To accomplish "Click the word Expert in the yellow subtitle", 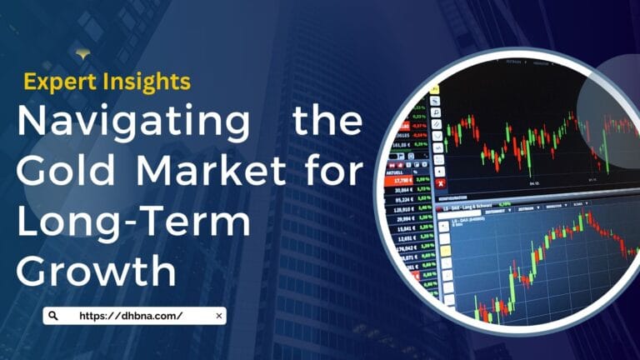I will click(52, 82).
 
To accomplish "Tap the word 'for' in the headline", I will click(334, 172).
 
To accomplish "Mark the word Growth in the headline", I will click(97, 272).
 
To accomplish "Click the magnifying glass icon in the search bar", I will click(53, 316).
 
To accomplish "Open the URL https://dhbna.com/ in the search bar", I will click(131, 316).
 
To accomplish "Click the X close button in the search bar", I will click(218, 316).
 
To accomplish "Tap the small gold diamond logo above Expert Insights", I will click(82, 54).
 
